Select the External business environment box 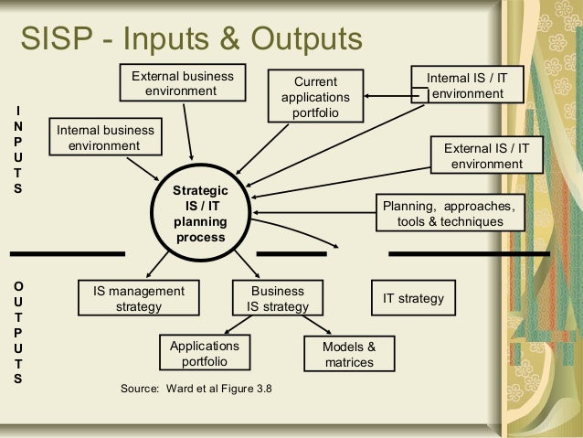(x=183, y=83)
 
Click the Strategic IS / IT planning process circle (x=201, y=213)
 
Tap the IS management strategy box (x=139, y=298)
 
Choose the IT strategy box (x=413, y=298)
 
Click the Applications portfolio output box (x=205, y=354)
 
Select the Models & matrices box (x=349, y=354)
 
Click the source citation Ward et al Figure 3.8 (x=196, y=389)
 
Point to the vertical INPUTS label (x=17, y=150)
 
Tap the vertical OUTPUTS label (x=17, y=331)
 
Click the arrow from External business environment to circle (x=188, y=133)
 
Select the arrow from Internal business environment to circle (x=143, y=167)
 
